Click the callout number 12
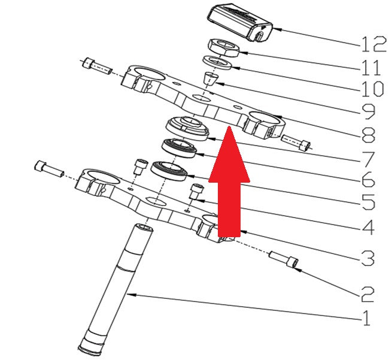pos(374,44)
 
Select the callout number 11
pos(371,67)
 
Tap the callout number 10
pos(372,89)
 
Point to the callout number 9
pos(367,112)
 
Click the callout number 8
pos(368,135)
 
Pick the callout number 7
pos(367,159)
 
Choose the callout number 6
pos(367,179)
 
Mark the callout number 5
pos(367,202)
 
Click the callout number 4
pos(367,227)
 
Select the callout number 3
pos(367,258)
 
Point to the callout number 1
pos(366,317)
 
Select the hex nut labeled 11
pos(224,48)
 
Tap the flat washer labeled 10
pos(217,63)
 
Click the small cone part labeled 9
pos(210,78)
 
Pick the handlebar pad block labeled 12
pos(239,22)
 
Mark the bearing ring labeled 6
pos(179,148)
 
